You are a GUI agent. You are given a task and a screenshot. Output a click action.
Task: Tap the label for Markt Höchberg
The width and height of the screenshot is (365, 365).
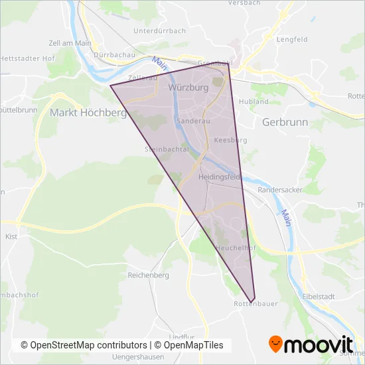click(x=88, y=113)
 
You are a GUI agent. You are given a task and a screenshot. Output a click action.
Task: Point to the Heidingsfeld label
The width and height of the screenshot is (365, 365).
click(x=219, y=178)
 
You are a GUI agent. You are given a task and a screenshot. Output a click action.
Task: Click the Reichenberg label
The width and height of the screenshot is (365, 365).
click(x=149, y=274)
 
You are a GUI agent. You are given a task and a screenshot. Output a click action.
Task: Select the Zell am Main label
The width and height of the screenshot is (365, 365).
click(x=70, y=43)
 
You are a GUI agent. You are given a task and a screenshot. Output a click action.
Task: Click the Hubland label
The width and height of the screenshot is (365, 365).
click(x=254, y=102)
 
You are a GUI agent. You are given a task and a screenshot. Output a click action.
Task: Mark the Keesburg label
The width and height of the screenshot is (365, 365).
click(x=230, y=141)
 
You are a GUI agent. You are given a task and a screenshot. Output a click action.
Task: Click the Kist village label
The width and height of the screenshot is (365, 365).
click(x=10, y=236)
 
